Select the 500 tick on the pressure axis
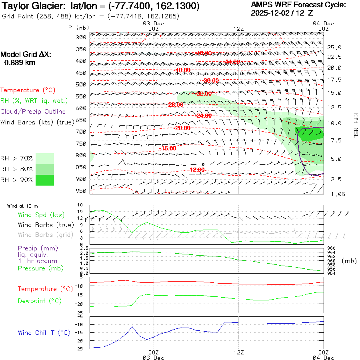[81, 84]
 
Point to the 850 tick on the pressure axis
[81, 167]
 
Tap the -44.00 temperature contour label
[232, 62]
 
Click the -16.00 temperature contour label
[168, 148]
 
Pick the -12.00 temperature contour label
[197, 170]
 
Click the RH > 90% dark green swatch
[45, 180]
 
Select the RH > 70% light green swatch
[45, 158]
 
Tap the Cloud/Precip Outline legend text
[33, 112]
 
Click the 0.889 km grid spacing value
[20, 62]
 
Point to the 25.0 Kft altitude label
[334, 47]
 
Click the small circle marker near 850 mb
[203, 164]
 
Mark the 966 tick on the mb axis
[331, 248]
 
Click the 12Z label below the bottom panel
[238, 352]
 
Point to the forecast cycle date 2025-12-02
[271, 13]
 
